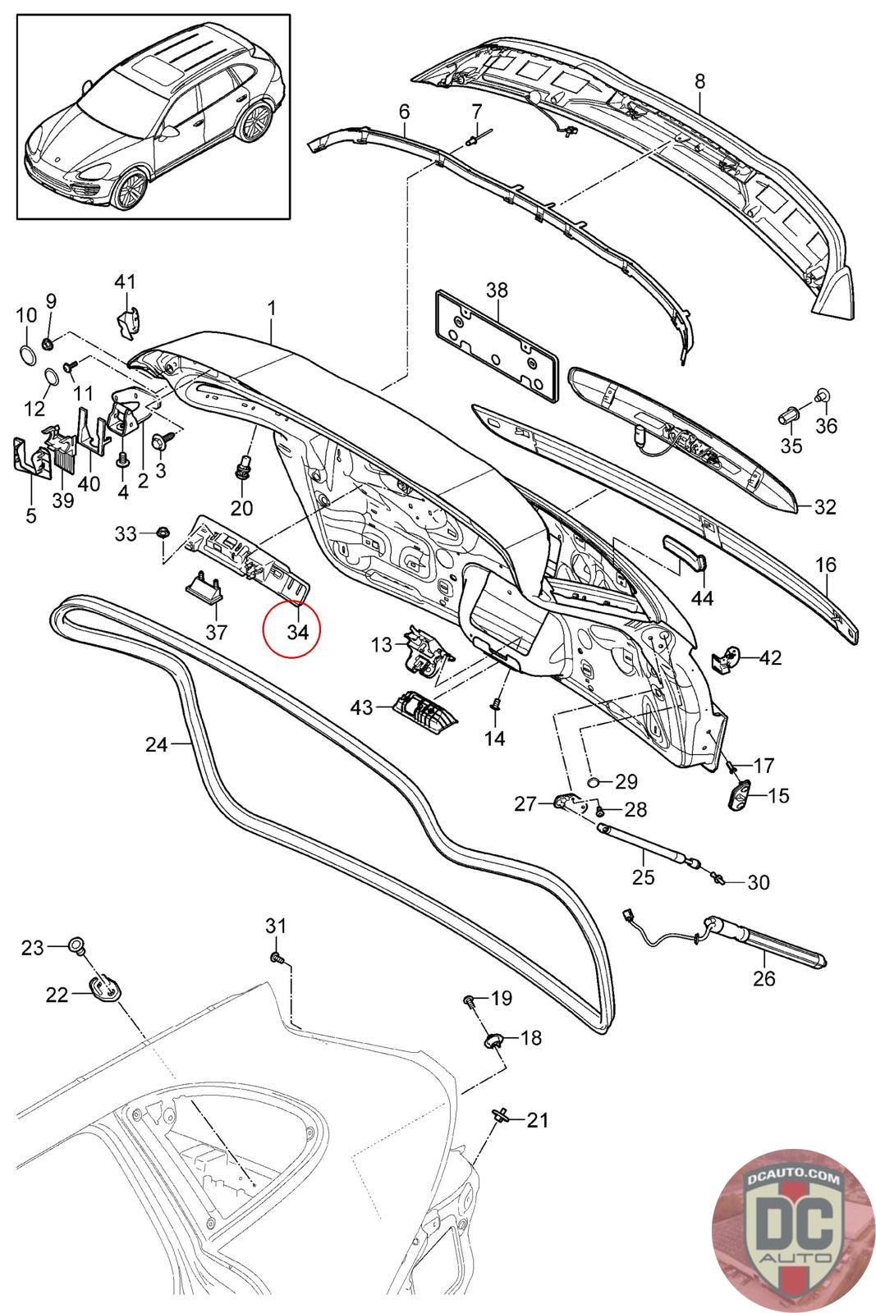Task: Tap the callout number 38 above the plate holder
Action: (x=497, y=290)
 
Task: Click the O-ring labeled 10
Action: (x=26, y=355)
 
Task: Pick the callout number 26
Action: (x=764, y=978)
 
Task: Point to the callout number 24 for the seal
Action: (x=155, y=744)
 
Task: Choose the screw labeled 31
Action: (x=277, y=957)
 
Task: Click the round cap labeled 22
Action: (x=104, y=990)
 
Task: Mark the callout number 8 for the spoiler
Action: (x=699, y=81)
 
